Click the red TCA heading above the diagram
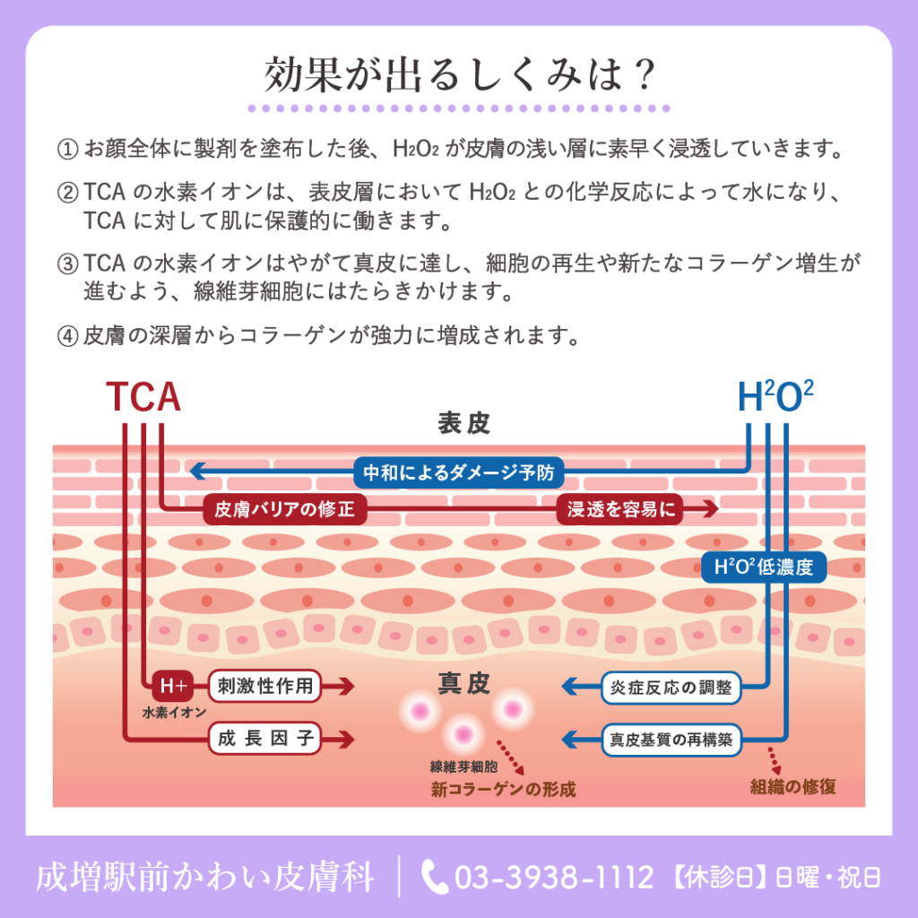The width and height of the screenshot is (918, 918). coord(143,396)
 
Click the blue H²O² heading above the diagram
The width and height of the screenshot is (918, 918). coord(775,396)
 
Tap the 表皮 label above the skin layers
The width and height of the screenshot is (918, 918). coord(463,423)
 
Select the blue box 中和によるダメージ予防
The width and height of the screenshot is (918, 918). coord(458,472)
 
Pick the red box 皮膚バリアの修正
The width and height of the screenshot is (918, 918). coord(284,509)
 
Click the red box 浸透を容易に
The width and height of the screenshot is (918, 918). coord(620,509)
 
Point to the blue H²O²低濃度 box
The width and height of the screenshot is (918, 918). coord(764,567)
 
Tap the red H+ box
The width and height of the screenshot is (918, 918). coord(173,686)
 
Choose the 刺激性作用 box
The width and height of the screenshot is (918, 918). coord(265,686)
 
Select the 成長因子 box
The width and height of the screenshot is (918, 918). coord(265,739)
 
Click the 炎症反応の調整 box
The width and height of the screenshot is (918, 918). coord(671,688)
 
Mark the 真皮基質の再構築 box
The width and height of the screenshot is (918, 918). coord(671,740)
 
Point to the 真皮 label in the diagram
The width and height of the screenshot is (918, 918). coord(463,682)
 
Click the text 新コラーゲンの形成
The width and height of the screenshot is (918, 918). coord(504,789)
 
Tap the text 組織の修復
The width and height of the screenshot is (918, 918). coord(792,786)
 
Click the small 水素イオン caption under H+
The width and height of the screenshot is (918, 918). coord(174,712)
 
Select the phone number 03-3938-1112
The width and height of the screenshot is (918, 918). coord(554,877)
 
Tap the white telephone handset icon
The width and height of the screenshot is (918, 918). coord(434,877)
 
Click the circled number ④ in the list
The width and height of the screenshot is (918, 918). coord(67,336)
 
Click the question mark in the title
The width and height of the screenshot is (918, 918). coord(644,74)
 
